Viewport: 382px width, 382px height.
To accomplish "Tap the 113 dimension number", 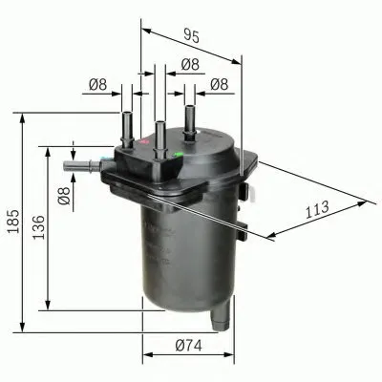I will pos(318,207).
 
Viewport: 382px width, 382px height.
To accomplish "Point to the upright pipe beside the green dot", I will pos(190,125).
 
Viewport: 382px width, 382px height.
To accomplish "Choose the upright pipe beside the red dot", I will pos(127,125).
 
